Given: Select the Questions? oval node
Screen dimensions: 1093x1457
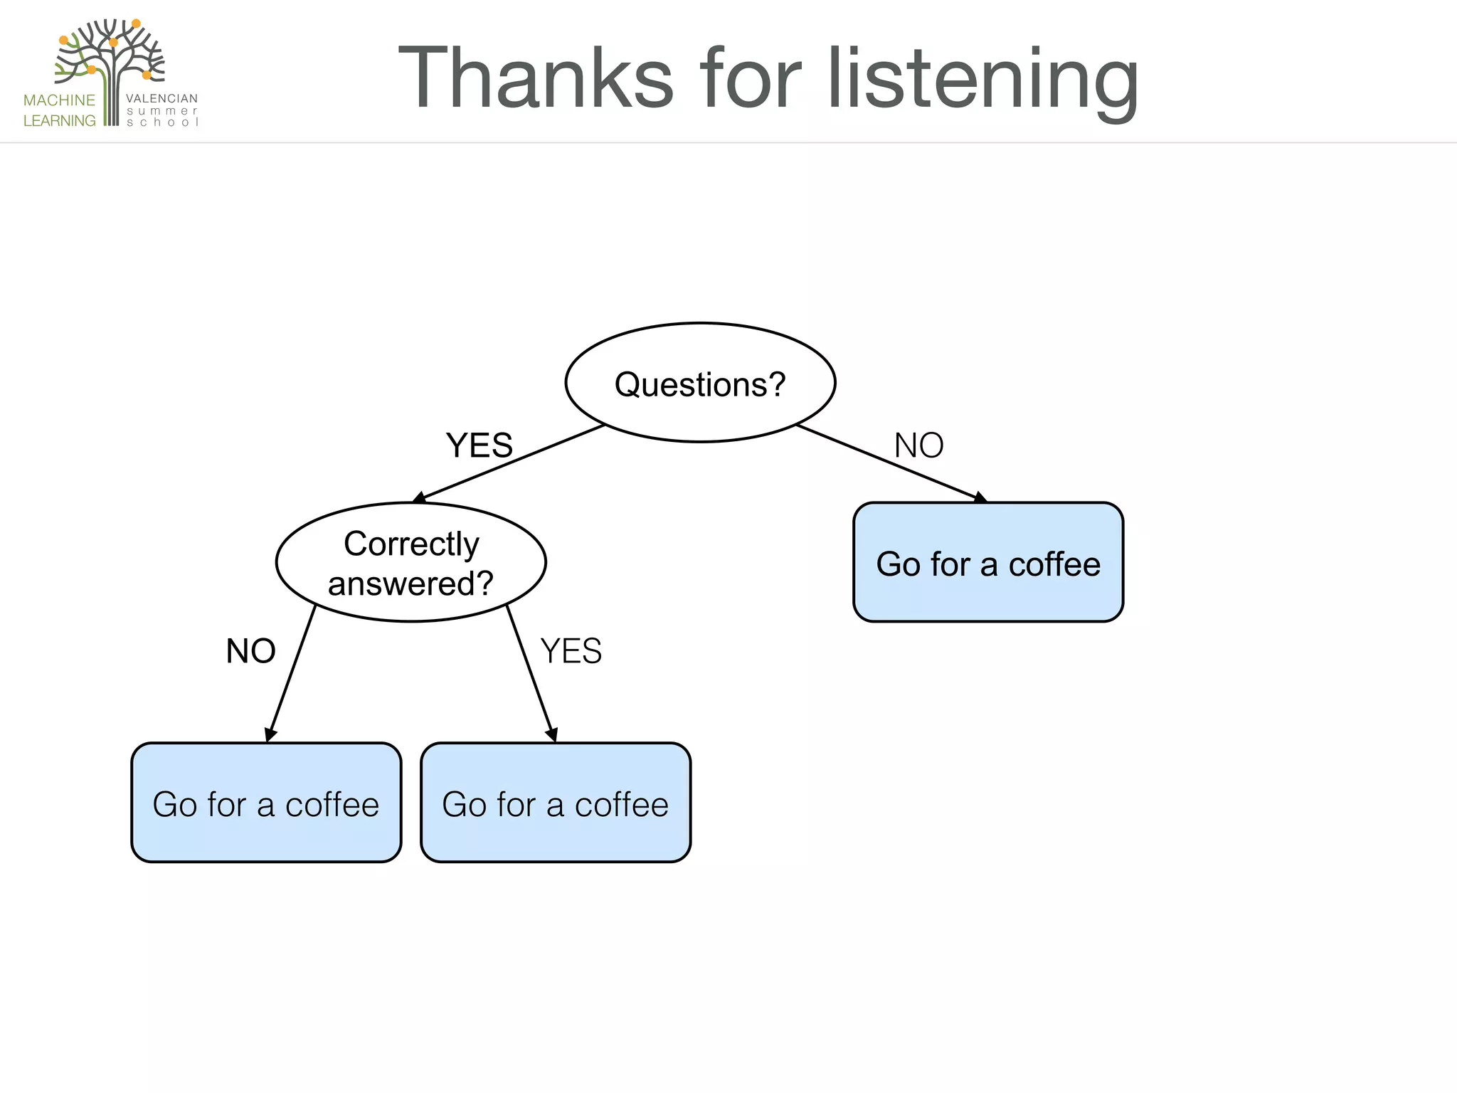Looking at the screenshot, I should tap(700, 383).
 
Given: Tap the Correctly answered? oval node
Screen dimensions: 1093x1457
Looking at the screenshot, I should tap(410, 563).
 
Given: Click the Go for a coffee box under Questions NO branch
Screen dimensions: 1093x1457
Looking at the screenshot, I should tap(987, 563).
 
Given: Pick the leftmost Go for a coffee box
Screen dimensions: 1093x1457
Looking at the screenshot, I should tap(266, 803).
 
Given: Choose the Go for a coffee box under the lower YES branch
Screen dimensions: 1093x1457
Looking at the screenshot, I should tap(555, 803).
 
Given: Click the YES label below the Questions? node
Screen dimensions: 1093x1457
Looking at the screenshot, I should tap(479, 445).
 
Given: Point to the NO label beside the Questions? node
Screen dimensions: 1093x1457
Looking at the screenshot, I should tap(918, 445).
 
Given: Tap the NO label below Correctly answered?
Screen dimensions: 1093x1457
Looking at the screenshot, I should tap(250, 650).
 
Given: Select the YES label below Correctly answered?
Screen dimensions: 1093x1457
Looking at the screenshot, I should tap(571, 650).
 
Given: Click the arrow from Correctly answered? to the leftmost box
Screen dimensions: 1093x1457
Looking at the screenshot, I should tap(291, 673).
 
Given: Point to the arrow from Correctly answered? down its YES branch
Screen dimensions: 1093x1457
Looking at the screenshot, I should tap(531, 673).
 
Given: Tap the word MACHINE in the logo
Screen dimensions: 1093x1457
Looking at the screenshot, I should tap(59, 100).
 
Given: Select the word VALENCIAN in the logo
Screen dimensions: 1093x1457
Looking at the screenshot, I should tap(161, 98).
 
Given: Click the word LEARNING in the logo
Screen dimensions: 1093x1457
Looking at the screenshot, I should tap(59, 121).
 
